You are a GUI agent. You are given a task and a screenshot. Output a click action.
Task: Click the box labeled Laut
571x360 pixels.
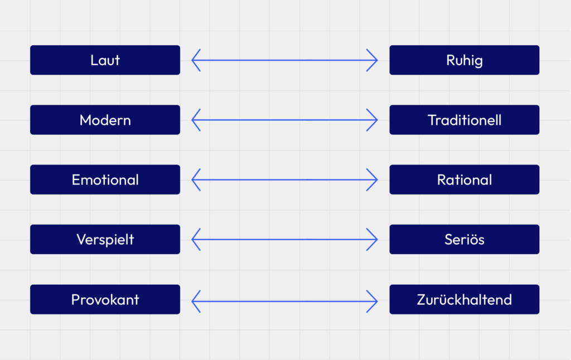[x=105, y=60]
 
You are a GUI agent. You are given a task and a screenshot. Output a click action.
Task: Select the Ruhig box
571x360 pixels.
[x=464, y=60]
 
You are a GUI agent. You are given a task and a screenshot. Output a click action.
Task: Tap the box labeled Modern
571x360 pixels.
[x=105, y=120]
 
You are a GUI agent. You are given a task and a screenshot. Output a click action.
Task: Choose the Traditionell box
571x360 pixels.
[x=464, y=120]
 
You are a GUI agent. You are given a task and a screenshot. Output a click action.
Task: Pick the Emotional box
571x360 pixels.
[x=105, y=179]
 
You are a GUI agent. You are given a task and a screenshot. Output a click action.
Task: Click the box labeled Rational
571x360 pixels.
[x=464, y=179]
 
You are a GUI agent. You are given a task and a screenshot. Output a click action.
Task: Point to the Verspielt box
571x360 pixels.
[x=105, y=240]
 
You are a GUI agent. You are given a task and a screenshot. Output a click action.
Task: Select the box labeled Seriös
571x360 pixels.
[x=464, y=240]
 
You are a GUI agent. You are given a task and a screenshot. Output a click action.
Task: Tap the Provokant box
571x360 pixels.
[x=105, y=299]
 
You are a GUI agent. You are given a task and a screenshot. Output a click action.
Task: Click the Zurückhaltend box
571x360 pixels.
[x=464, y=299]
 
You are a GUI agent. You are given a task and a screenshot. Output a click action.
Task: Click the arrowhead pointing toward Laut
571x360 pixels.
[x=195, y=60]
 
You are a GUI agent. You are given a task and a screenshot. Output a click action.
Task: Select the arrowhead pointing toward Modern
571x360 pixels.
[x=195, y=120]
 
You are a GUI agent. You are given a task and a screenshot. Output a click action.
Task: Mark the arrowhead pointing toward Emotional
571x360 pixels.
[x=195, y=179]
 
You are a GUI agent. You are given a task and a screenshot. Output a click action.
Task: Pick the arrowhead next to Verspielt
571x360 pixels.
[x=195, y=240]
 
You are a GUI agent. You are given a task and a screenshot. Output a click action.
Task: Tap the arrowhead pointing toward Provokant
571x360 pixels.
[x=195, y=301]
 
